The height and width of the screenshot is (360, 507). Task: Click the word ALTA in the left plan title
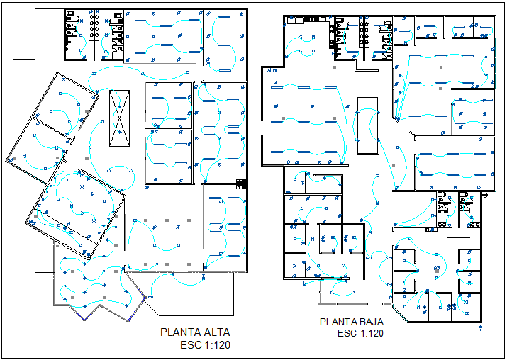coord(216,332)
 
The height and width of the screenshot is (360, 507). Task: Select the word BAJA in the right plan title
coord(369,322)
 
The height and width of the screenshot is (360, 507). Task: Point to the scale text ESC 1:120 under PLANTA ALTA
coord(206,344)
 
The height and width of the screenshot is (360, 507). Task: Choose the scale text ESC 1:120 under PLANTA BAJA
coord(360,334)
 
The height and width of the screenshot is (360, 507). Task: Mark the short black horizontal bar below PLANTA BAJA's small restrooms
coord(459,236)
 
